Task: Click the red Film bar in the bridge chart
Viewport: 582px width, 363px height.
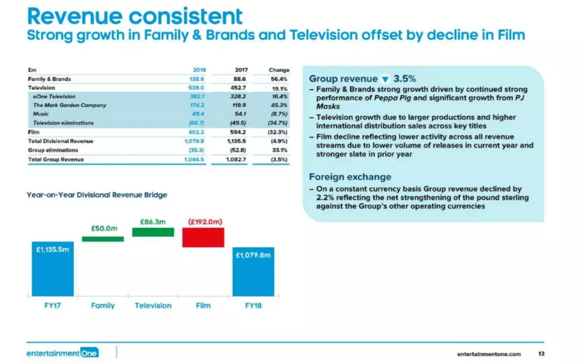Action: tap(203, 237)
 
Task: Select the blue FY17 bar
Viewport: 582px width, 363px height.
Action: tap(53, 269)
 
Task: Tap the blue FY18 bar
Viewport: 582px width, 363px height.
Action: tap(253, 272)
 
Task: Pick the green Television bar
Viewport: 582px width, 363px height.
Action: tap(153, 232)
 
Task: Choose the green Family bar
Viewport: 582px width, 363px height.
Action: tap(103, 239)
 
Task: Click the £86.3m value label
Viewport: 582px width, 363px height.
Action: tap(153, 222)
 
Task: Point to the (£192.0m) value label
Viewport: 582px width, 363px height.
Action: tap(205, 222)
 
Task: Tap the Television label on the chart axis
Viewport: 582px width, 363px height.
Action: tap(153, 305)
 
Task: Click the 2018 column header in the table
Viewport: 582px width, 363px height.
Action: tap(199, 70)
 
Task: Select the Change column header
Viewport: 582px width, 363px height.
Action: tap(279, 70)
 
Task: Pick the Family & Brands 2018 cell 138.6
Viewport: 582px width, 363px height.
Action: tap(197, 79)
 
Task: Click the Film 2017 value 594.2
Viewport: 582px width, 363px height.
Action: tap(238, 132)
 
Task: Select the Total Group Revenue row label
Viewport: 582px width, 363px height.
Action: tap(56, 160)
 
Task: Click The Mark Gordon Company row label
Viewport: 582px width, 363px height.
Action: tap(70, 105)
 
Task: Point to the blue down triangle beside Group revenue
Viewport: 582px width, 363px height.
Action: tap(385, 79)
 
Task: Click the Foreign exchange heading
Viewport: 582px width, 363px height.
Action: tap(350, 177)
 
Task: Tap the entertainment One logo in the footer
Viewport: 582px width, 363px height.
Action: tap(63, 353)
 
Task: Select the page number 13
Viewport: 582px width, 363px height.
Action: tap(541, 354)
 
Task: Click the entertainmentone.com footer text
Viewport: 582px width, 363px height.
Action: tap(489, 354)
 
